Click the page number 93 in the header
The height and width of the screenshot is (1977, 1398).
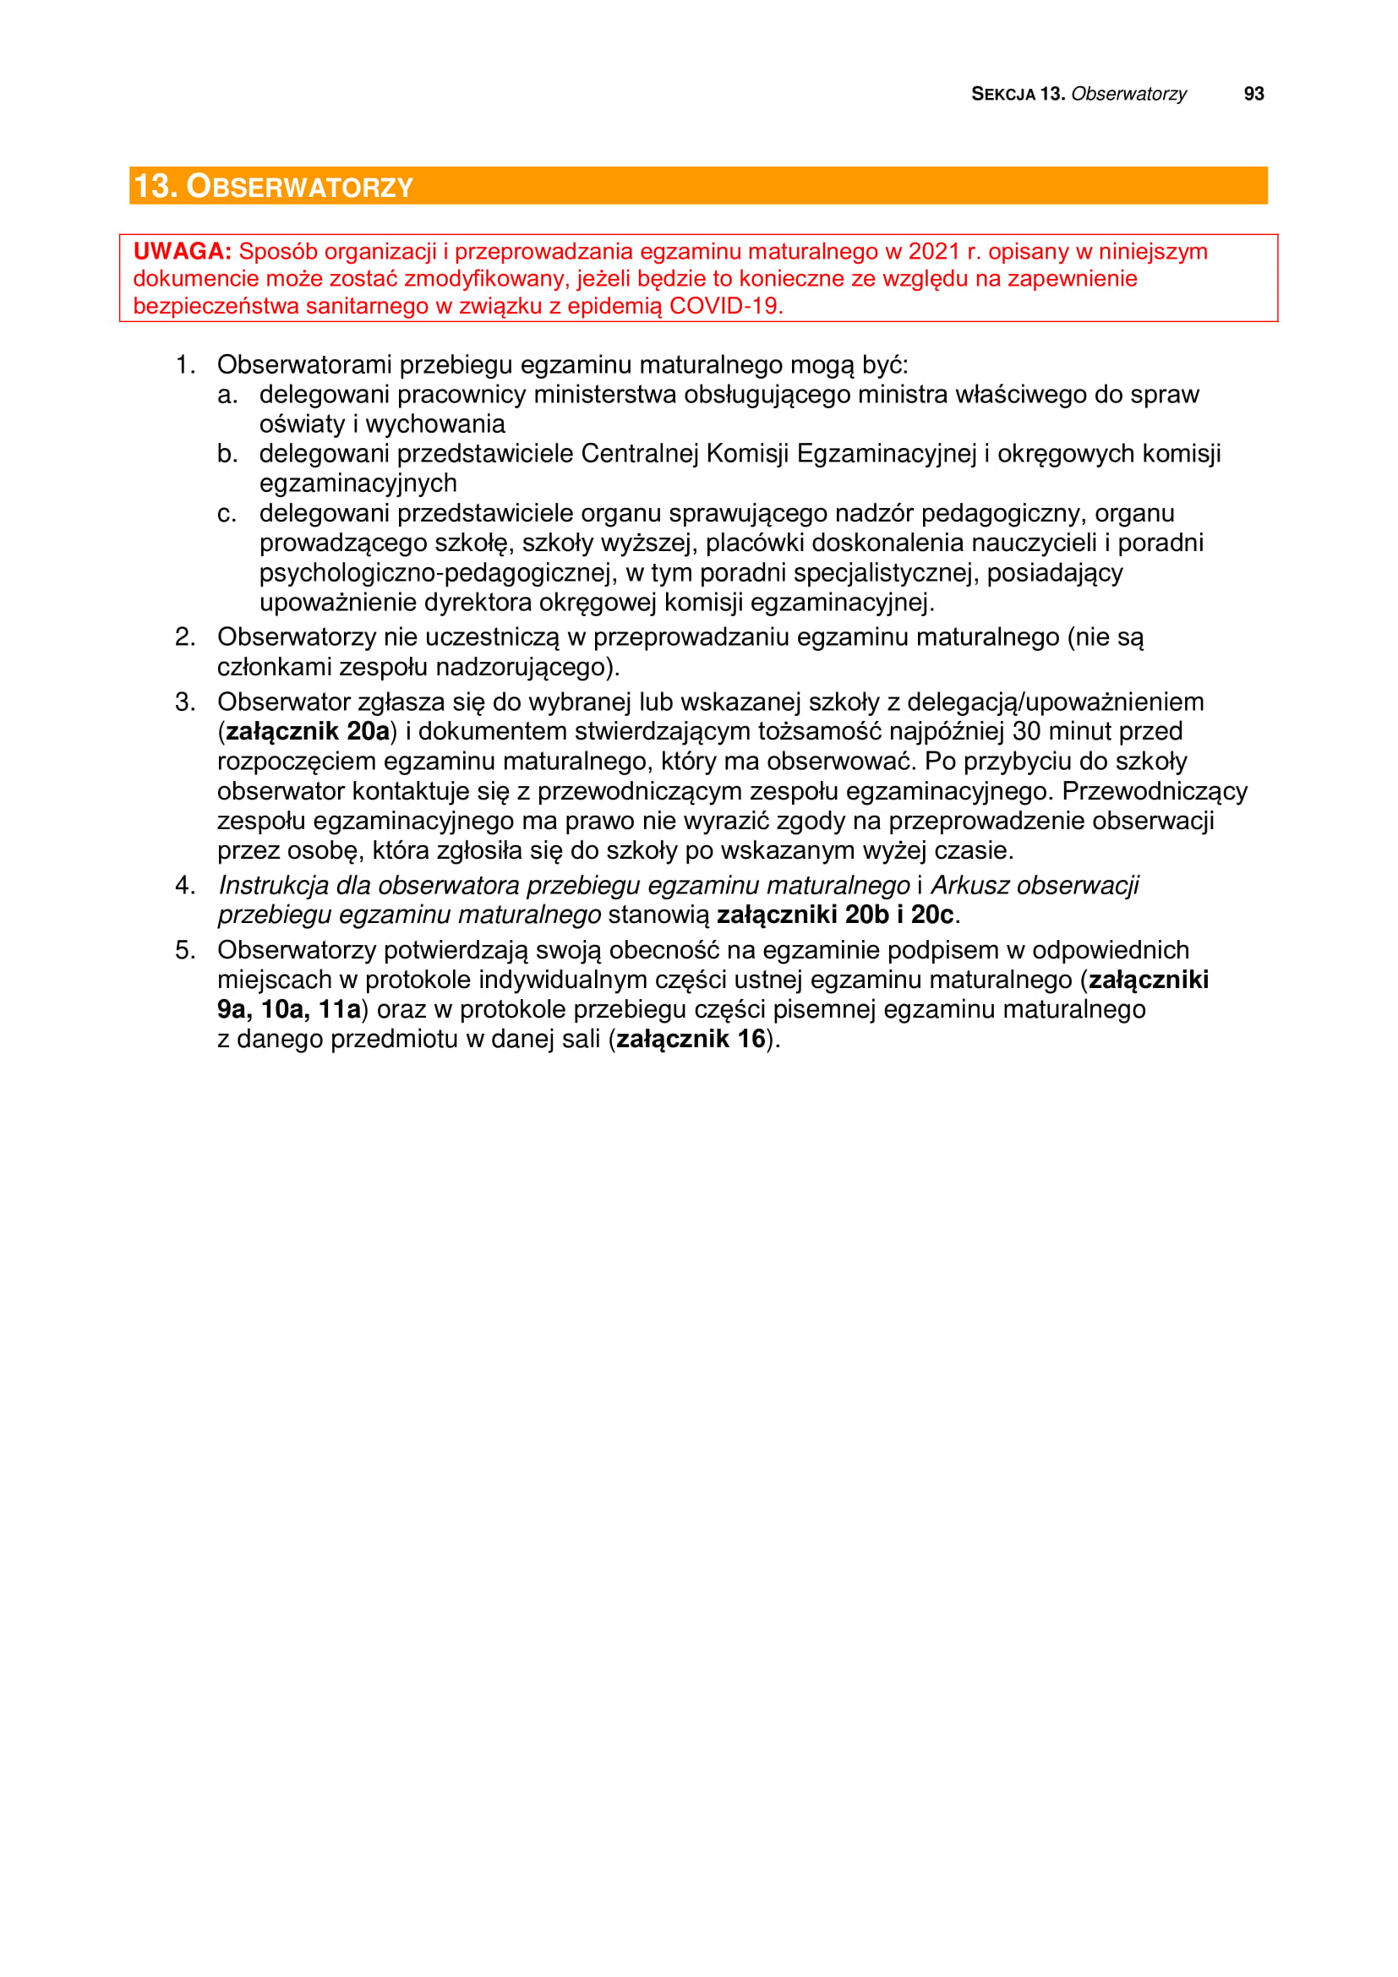(1253, 94)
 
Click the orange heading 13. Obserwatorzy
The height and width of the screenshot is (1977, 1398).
(274, 186)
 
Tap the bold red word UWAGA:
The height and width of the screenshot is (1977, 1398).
(182, 251)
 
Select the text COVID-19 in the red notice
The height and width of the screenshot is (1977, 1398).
(725, 306)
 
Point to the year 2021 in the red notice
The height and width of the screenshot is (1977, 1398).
(934, 251)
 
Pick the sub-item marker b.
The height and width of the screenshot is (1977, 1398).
(227, 454)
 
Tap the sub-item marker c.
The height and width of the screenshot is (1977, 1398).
(227, 513)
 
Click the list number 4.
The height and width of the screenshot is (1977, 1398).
(184, 885)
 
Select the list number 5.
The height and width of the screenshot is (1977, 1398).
(184, 950)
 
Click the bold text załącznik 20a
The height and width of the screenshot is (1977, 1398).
(308, 731)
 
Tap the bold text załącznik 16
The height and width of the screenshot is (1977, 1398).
(691, 1040)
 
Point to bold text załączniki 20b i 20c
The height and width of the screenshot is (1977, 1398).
(835, 915)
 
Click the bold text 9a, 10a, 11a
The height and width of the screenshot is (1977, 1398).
(288, 1009)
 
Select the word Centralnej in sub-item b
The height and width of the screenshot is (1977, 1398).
(640, 454)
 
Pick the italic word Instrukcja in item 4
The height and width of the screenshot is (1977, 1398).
(273, 885)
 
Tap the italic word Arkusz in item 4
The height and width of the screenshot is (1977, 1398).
(972, 885)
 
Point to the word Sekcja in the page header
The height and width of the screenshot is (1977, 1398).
(1003, 94)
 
